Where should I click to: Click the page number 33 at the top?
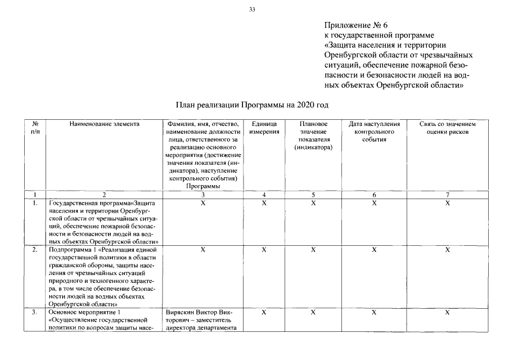click(252, 10)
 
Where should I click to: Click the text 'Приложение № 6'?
click(356, 25)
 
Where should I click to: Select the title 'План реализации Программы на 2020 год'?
click(251, 105)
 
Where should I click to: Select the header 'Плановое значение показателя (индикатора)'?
click(313, 136)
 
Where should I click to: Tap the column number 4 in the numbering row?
click(264, 195)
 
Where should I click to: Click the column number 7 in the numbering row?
click(448, 195)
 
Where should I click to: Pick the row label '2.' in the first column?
click(35, 249)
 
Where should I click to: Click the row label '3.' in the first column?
click(35, 312)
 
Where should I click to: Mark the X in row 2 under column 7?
click(448, 249)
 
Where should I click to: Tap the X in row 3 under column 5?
click(313, 312)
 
